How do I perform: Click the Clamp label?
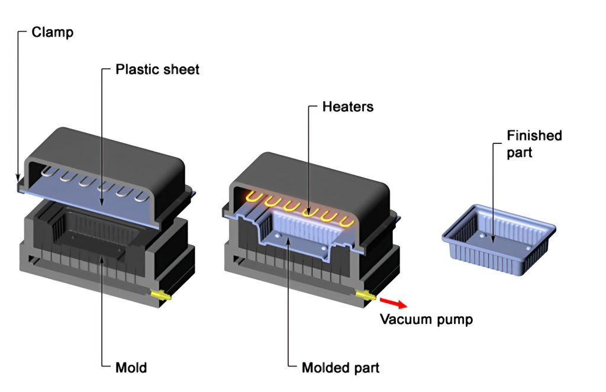[x=52, y=32]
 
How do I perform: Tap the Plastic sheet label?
[x=157, y=69]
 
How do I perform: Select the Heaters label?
[x=348, y=107]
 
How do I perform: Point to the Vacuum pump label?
[x=426, y=320]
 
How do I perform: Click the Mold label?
[x=131, y=368]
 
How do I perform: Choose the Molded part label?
[x=340, y=368]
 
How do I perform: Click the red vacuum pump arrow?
[x=394, y=303]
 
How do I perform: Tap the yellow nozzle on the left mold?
[x=160, y=294]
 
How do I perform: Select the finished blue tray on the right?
[x=499, y=242]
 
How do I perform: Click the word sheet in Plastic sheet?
[x=181, y=69]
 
